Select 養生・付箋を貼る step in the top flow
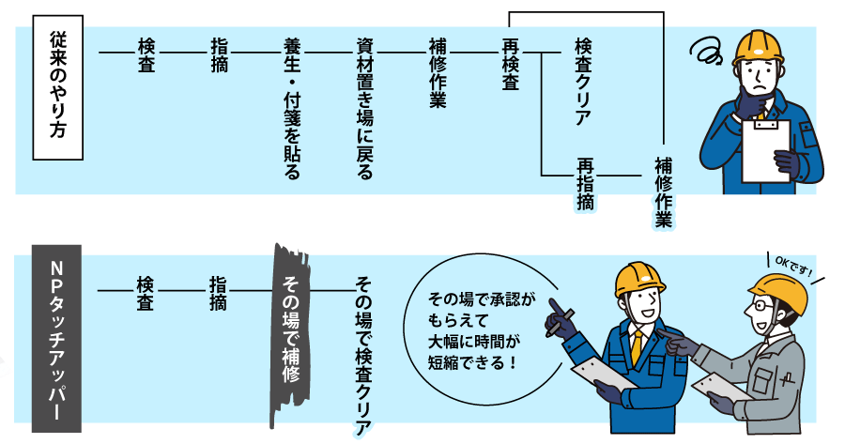(292, 108)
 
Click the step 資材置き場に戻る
(365, 108)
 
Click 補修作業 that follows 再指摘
(663, 192)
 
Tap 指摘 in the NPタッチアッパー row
(218, 293)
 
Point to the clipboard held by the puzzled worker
(765, 150)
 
